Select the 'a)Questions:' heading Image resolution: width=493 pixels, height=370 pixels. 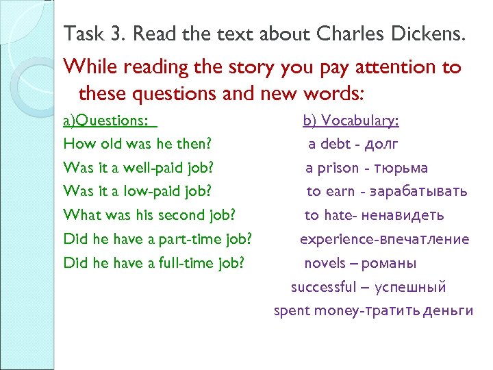click(106, 121)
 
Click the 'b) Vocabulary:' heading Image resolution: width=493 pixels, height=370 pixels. click(351, 121)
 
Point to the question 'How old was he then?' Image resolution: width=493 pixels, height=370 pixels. click(137, 145)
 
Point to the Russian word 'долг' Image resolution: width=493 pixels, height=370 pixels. click(382, 145)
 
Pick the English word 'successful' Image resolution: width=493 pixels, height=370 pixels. click(324, 287)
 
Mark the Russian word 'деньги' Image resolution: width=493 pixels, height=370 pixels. click(448, 311)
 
